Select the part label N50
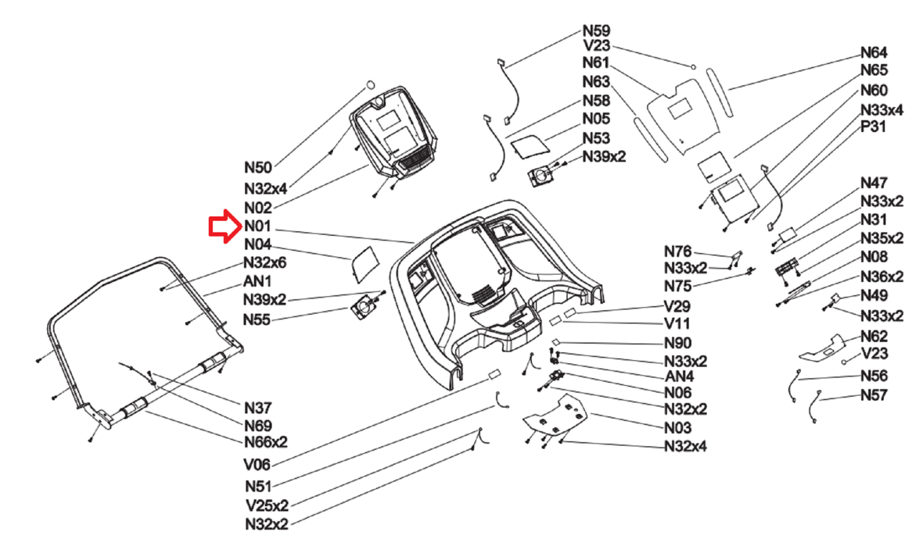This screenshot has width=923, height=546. coord(258,168)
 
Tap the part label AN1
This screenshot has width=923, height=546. coord(257,281)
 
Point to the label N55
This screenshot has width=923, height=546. coord(257,319)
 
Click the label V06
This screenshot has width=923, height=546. coord(257,464)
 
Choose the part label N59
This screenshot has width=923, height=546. coord(596,31)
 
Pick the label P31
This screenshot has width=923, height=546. coord(873,127)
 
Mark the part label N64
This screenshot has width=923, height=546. coord(873,53)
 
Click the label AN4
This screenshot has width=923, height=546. coord(679,376)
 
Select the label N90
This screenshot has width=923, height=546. coord(677,343)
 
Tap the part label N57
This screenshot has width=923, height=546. coord(873,395)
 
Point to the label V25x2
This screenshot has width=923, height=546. coord(267,506)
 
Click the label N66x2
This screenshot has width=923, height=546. coord(265,442)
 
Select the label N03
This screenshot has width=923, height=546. coord(677,428)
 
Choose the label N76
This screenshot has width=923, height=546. coord(677,251)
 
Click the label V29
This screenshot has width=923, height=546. coord(677,306)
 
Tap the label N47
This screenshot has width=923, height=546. coord(873,183)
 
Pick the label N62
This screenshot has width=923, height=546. coord(873,336)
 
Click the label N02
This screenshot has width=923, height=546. coord(258,208)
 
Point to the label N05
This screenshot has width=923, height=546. coord(596,119)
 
